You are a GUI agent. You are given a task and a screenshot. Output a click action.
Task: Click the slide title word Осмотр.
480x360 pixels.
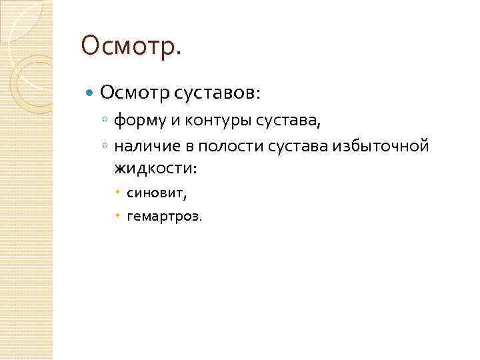(x=131, y=46)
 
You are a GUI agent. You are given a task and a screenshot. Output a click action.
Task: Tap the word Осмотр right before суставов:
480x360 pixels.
(x=135, y=91)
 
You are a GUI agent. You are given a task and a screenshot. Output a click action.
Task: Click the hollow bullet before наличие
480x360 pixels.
(x=105, y=145)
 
